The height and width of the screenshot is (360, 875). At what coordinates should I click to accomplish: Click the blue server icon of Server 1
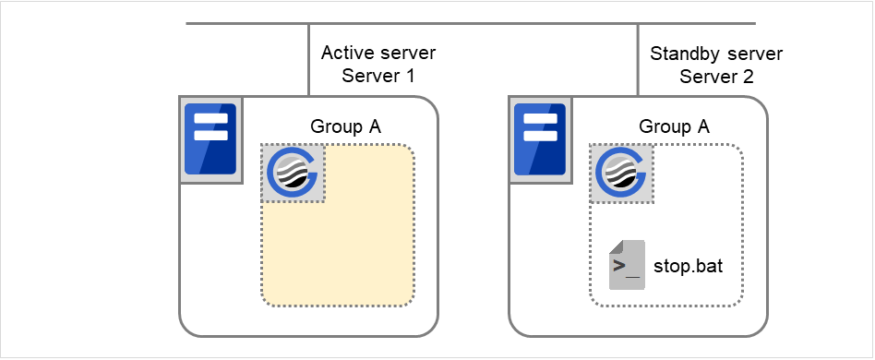pyautogui.click(x=210, y=138)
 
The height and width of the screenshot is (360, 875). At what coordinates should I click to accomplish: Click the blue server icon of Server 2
pyautogui.click(x=541, y=138)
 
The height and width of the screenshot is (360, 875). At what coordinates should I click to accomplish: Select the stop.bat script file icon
pyautogui.click(x=627, y=265)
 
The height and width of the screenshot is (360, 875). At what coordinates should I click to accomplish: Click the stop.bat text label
pyautogui.click(x=688, y=267)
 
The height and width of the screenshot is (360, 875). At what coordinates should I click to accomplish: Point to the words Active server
pyautogui.click(x=378, y=54)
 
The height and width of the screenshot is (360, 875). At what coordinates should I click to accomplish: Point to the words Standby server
pyautogui.click(x=715, y=54)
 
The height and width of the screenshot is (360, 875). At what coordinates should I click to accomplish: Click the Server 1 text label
pyautogui.click(x=378, y=77)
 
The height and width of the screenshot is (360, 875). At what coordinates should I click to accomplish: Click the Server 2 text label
pyautogui.click(x=715, y=77)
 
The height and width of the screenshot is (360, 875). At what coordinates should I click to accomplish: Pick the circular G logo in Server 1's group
pyautogui.click(x=293, y=173)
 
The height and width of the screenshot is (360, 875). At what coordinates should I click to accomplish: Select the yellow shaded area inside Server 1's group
pyautogui.click(x=351, y=249)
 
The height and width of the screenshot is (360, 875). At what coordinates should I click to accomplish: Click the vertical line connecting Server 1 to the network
pyautogui.click(x=308, y=60)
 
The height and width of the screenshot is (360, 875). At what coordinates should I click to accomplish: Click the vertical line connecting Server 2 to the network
pyautogui.click(x=639, y=60)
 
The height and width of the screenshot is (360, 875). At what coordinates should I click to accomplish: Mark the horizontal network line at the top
pyautogui.click(x=471, y=23)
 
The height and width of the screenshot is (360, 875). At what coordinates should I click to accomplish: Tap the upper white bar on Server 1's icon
pyautogui.click(x=210, y=118)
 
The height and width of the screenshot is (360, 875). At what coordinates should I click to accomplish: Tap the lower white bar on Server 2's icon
pyautogui.click(x=541, y=135)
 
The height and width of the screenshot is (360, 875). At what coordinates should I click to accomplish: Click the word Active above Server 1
pyautogui.click(x=343, y=54)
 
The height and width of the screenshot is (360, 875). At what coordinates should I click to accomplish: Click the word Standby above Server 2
pyautogui.click(x=684, y=54)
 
